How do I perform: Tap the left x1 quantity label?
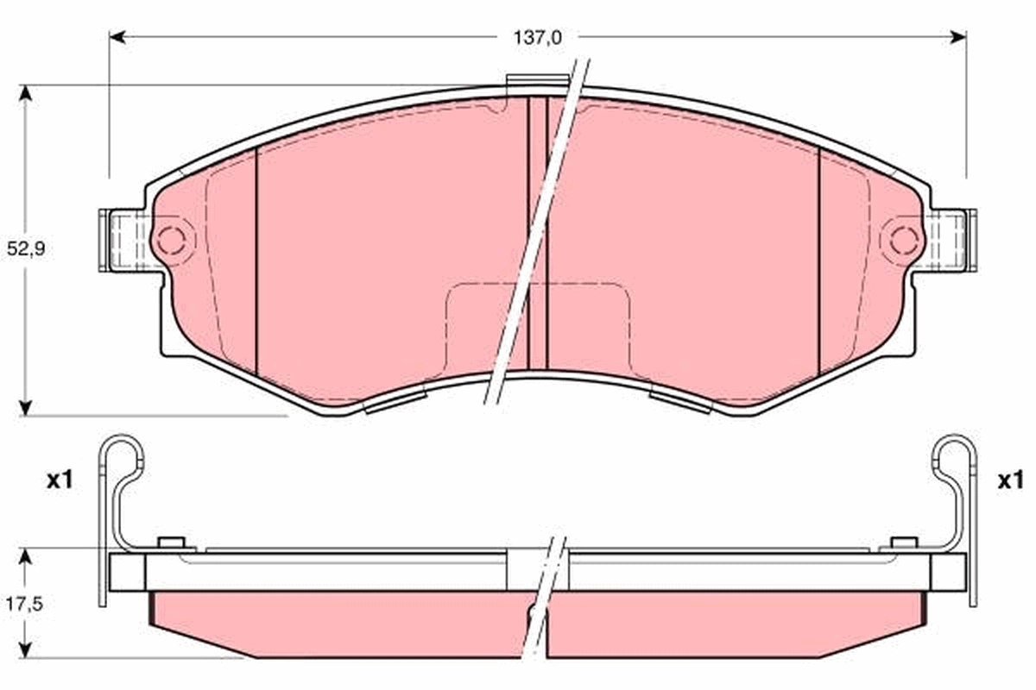point(58,480)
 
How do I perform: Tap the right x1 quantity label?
point(1009,480)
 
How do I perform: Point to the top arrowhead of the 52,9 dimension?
point(26,92)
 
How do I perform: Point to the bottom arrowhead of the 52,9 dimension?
point(26,406)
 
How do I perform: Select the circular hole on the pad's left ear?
point(171,239)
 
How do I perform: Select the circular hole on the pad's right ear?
point(903,239)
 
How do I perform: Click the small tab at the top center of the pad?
point(535,82)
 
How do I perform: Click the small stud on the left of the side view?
point(173,543)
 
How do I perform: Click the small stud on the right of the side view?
point(903,543)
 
